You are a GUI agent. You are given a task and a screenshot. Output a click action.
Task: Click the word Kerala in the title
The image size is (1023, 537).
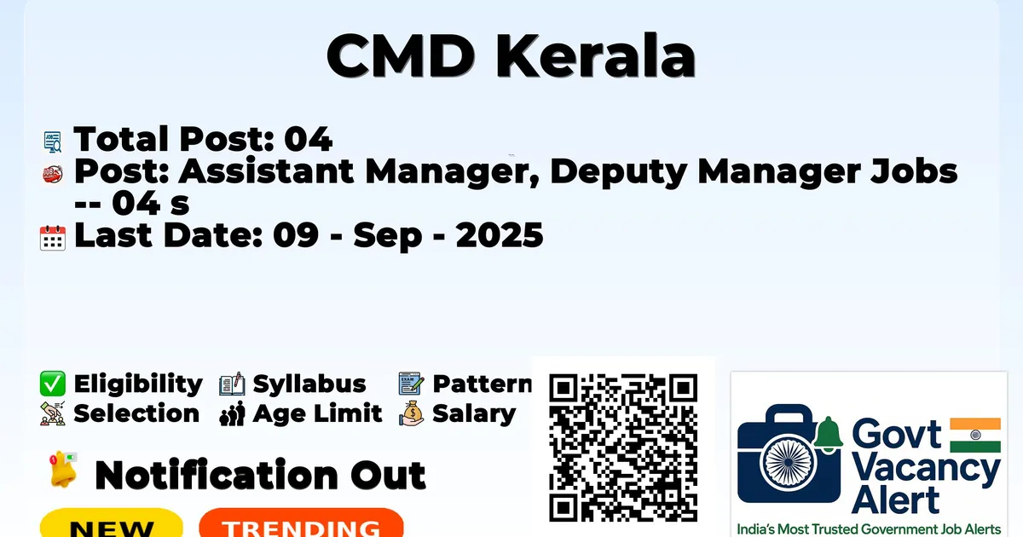click(596, 56)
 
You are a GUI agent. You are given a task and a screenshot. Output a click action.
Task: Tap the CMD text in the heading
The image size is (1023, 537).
click(401, 56)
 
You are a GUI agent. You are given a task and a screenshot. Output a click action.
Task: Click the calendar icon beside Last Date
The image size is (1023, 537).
click(53, 238)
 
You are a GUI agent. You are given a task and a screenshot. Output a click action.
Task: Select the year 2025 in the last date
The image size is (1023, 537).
click(500, 235)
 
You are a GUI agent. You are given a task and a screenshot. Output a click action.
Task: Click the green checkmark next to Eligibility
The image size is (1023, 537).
click(53, 384)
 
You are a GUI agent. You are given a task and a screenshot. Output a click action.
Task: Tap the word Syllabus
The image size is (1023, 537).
click(309, 384)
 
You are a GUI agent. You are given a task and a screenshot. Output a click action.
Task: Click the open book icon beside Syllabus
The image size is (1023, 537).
click(232, 384)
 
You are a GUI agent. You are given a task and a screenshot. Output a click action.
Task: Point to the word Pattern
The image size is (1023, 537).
click(483, 384)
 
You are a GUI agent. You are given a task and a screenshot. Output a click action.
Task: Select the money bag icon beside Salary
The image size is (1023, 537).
click(412, 413)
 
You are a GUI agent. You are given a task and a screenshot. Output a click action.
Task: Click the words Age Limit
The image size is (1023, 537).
click(317, 413)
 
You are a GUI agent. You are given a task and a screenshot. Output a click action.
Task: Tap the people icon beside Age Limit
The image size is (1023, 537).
click(232, 413)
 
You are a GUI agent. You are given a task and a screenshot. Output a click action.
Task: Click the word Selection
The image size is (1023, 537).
click(136, 413)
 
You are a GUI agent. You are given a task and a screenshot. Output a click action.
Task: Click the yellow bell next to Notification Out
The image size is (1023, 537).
click(63, 470)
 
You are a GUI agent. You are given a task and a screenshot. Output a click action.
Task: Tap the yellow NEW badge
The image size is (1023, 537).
click(112, 523)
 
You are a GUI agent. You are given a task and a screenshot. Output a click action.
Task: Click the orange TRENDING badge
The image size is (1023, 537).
click(302, 523)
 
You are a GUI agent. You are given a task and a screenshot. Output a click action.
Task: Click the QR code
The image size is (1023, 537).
click(623, 447)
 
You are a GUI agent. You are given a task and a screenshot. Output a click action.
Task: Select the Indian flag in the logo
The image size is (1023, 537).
click(975, 435)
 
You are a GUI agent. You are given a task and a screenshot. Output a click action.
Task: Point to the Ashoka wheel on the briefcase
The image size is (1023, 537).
click(789, 462)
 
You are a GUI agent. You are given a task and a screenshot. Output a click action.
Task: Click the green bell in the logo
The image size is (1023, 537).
click(828, 434)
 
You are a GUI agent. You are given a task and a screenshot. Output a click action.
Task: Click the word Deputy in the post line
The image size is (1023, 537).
click(618, 173)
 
